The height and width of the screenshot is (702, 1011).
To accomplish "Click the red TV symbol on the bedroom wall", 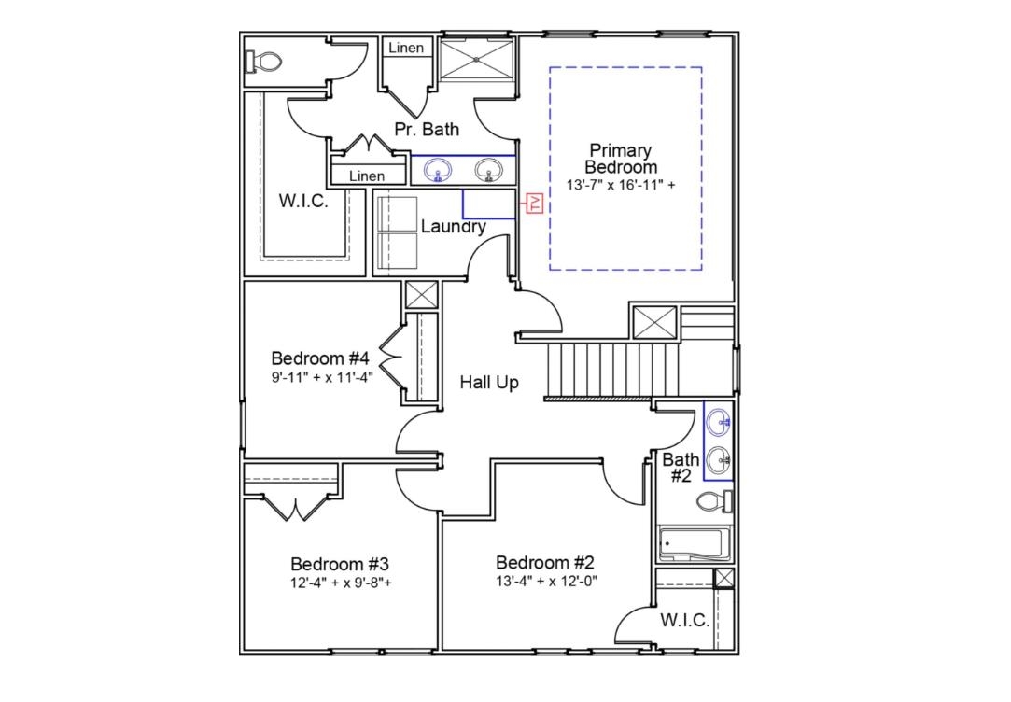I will click(x=535, y=204).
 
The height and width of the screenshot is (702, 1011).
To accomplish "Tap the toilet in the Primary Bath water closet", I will click(x=265, y=63).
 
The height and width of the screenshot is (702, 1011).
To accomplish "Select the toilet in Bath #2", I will click(x=714, y=501).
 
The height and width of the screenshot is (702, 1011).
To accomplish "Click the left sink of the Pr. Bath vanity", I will click(x=438, y=170).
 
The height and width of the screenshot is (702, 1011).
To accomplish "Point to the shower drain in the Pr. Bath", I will click(x=477, y=59).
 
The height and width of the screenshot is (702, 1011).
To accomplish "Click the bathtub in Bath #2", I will click(x=692, y=544).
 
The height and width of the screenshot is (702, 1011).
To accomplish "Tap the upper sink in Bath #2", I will click(x=719, y=423).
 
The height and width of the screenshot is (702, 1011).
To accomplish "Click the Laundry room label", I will click(x=453, y=227).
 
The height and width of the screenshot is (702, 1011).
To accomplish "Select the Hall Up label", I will click(x=488, y=383).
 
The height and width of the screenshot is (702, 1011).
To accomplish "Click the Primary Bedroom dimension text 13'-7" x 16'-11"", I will click(x=621, y=185).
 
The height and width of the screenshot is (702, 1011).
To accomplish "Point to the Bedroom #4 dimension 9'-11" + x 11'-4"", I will click(x=321, y=377).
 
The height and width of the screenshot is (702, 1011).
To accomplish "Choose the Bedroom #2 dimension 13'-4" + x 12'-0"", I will click(x=546, y=581).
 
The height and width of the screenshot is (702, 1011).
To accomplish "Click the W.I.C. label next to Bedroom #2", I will click(x=684, y=621).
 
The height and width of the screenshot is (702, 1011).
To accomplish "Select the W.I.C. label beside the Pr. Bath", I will click(x=303, y=201).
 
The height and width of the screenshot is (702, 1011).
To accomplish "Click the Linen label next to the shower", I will click(x=406, y=48).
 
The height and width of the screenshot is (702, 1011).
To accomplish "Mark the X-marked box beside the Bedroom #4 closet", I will click(x=421, y=295).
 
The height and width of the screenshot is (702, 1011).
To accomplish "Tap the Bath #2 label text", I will click(x=681, y=467).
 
